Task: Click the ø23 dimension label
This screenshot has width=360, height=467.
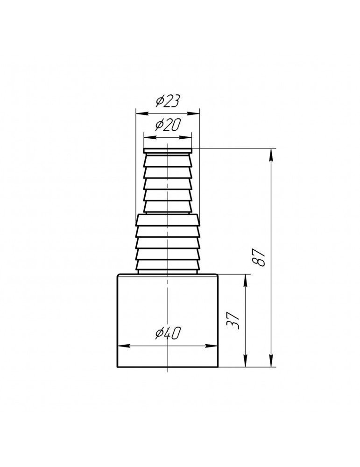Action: tap(168, 102)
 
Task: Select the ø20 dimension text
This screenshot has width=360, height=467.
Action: tap(167, 125)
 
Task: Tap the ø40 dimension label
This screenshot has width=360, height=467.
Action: tap(168, 333)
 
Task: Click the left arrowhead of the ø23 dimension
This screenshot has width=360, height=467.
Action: tap(142, 113)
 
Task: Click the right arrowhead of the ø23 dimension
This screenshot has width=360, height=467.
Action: tap(193, 113)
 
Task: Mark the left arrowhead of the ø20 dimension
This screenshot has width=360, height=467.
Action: tap(150, 137)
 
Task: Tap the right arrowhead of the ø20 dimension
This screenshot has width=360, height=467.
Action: tap(185, 137)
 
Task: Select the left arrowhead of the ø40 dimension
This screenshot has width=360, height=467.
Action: tap(125, 346)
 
